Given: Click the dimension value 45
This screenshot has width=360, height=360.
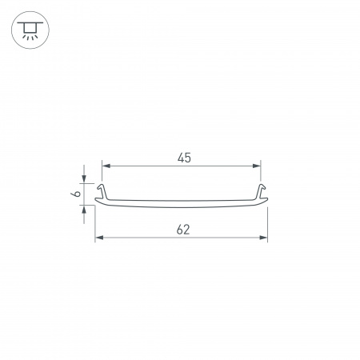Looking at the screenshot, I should (183, 158).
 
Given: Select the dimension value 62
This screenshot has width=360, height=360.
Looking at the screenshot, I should (182, 230).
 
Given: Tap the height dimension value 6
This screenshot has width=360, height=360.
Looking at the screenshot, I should (74, 194).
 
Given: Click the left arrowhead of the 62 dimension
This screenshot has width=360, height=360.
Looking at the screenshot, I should (98, 238).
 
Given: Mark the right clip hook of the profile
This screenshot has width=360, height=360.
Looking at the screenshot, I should (260, 191).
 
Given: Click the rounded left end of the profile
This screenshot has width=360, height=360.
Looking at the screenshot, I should (97, 201).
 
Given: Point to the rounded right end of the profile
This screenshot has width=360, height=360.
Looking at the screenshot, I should (266, 201).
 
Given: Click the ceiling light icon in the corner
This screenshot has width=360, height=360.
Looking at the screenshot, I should (30, 30).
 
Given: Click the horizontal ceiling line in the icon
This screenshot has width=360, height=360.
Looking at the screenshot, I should (30, 23).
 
